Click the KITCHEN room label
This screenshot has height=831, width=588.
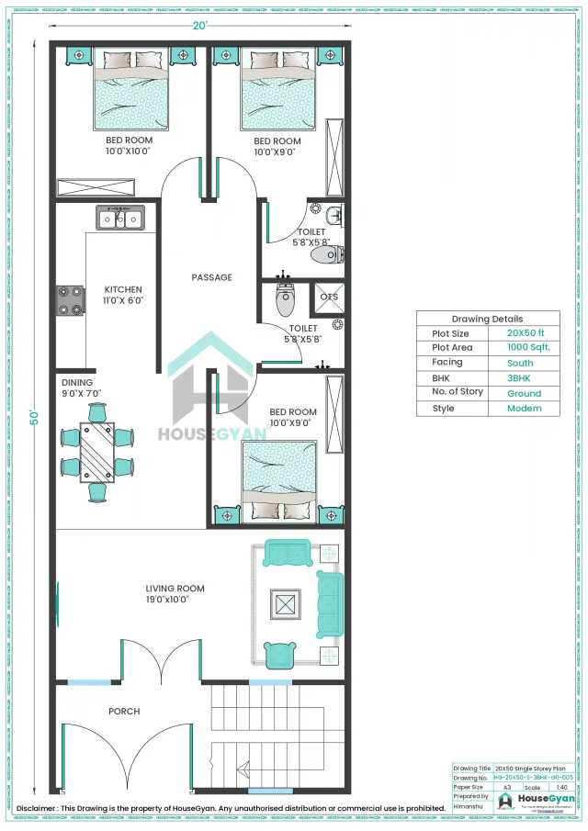point(122,288)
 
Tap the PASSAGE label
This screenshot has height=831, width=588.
point(211,277)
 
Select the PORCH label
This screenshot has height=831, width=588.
point(124,711)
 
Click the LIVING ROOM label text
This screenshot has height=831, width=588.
point(175,589)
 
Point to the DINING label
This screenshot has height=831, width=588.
point(77,382)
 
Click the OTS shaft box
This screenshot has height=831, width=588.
point(329,297)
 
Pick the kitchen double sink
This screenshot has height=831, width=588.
point(121,219)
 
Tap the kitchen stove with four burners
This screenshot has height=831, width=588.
point(70,300)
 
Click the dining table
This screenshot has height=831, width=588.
point(96,452)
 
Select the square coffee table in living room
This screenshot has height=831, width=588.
point(283,603)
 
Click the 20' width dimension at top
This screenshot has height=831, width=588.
point(199,25)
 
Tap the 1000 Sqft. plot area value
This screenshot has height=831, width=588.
point(527,348)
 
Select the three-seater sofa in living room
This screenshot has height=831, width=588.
point(328,603)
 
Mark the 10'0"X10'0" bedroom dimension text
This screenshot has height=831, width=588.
point(129,152)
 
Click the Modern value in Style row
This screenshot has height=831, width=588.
point(525,409)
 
